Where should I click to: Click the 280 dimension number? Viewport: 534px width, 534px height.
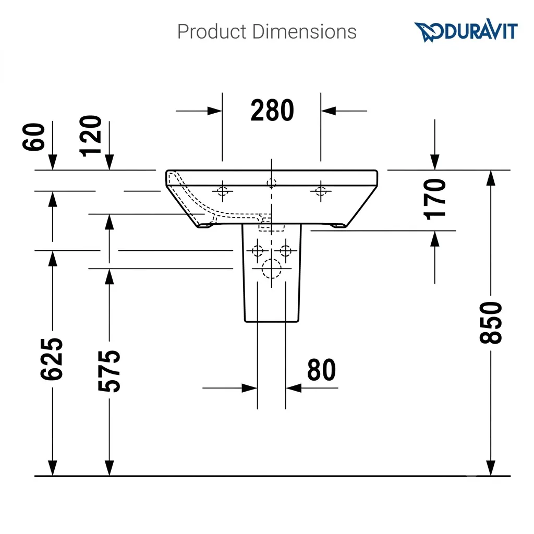click(x=272, y=111)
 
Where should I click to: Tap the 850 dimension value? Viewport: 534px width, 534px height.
click(x=491, y=322)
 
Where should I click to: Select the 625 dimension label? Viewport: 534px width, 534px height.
click(x=52, y=359)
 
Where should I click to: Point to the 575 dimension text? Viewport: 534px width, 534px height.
click(x=109, y=371)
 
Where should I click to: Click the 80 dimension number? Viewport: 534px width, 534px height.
click(x=321, y=370)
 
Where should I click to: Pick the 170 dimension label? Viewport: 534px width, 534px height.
click(x=434, y=199)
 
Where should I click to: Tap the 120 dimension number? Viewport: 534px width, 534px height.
click(x=90, y=136)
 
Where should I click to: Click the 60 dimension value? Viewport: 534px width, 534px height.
click(x=33, y=137)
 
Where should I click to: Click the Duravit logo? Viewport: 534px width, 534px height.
click(x=466, y=31)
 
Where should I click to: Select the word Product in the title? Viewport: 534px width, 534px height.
click(x=212, y=32)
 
